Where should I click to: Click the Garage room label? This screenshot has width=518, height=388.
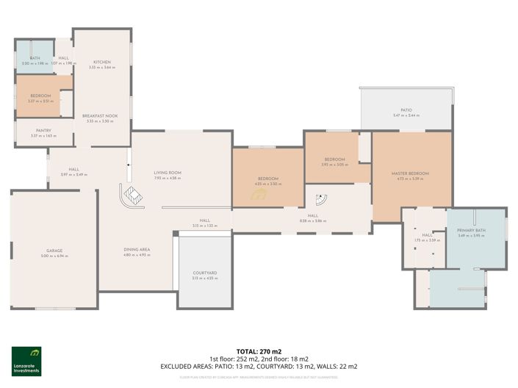pos(54,251)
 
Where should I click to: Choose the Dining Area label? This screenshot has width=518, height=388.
pos(137,250)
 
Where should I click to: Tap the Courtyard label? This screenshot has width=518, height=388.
pos(204,273)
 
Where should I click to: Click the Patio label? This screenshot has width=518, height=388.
pos(406,110)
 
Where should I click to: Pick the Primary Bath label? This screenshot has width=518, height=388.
pos(472,230)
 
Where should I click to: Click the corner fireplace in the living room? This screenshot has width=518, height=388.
pos(132,196)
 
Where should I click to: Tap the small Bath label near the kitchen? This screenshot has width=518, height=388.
pos(35,57)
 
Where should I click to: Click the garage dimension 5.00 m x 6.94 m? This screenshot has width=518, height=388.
pos(54,256)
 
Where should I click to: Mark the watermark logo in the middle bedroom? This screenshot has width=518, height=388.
pos(259,195)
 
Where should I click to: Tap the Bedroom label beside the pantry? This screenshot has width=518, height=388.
pos(40,96)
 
